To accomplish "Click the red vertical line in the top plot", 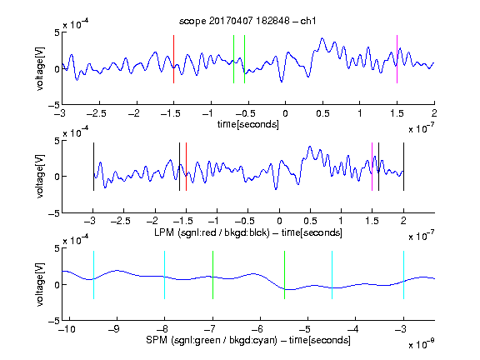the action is coord(173,59).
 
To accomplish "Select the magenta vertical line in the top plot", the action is coord(397,59).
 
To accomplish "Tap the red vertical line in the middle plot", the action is coord(186,167).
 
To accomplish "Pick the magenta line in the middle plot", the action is coord(372,167).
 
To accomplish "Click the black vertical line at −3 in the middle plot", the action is coord(93,167).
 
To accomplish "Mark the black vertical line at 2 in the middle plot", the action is coord(403,167).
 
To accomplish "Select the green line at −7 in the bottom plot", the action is coord(212,275).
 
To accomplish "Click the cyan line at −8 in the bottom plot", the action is coord(165,275).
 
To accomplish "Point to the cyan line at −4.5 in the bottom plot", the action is coord(332,275).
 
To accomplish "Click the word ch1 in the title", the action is coord(308,21).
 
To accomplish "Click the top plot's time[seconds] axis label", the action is coord(248,124).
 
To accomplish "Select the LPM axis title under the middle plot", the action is coord(248,232).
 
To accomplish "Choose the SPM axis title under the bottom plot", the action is coord(248,340).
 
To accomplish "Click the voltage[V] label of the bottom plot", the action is coord(40,284).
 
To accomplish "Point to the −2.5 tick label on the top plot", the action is coord(96,113).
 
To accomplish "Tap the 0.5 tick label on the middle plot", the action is coord(310,221).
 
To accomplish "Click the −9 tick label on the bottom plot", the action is coord(114,329).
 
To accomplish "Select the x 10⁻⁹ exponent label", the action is coord(421,344).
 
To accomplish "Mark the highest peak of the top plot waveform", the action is coord(322,38).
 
